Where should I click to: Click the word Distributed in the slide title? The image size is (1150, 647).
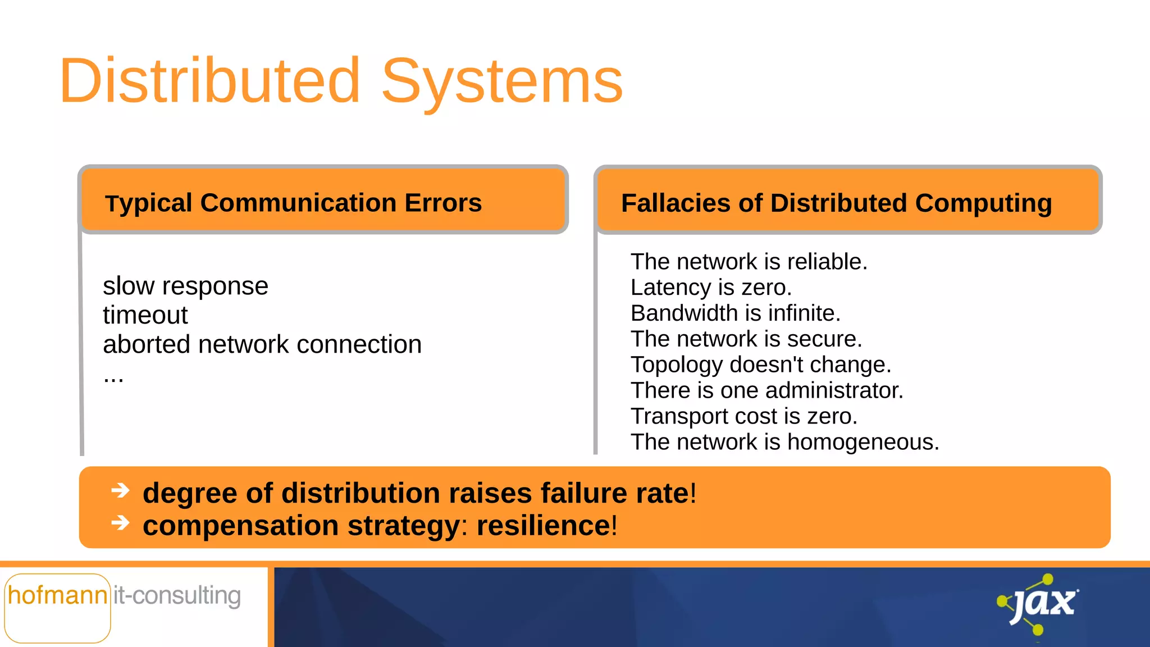point(209,81)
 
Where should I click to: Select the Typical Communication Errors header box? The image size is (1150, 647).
point(323,201)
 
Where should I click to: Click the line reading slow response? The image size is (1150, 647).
point(185,286)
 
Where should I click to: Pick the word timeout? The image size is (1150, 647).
point(145,316)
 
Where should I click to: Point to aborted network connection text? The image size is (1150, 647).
point(262,344)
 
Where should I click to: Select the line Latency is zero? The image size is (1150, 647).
point(711,288)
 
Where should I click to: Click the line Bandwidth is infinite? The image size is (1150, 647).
point(735,313)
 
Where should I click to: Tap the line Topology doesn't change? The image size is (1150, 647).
point(760,365)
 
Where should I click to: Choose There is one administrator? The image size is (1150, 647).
point(766,391)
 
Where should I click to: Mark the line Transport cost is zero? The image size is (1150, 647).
point(743,417)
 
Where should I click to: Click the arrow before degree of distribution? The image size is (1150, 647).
point(120,491)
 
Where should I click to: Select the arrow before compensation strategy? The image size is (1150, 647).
point(120,523)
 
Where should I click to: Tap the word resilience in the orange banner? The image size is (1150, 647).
point(543,526)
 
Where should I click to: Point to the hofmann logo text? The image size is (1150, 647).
point(57,596)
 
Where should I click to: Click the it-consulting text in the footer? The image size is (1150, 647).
point(177,596)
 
